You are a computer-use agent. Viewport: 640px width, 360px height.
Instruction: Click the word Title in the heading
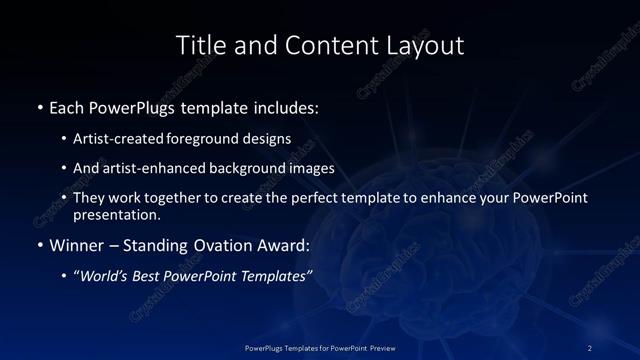coord(201,45)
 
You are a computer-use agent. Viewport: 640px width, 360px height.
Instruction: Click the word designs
coord(270,139)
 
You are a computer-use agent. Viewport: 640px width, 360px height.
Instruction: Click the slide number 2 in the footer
coord(590,347)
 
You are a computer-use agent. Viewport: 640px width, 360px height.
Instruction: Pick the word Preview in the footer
coord(376,347)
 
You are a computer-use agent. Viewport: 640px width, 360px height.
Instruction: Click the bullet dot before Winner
coord(39,244)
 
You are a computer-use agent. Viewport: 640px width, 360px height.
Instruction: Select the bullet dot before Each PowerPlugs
coord(39,106)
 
